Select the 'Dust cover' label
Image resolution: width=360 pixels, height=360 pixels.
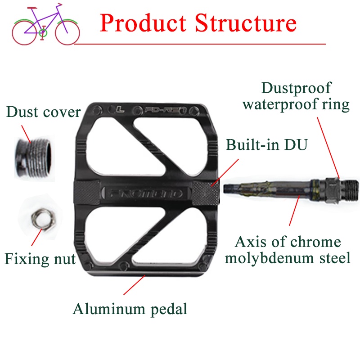(x=43, y=112)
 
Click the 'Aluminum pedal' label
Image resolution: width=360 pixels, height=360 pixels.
(x=130, y=309)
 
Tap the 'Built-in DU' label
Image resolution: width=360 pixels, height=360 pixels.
(x=267, y=145)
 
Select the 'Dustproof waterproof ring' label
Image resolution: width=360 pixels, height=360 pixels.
(x=296, y=96)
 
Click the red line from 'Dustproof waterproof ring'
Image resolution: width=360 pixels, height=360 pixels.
(x=328, y=146)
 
